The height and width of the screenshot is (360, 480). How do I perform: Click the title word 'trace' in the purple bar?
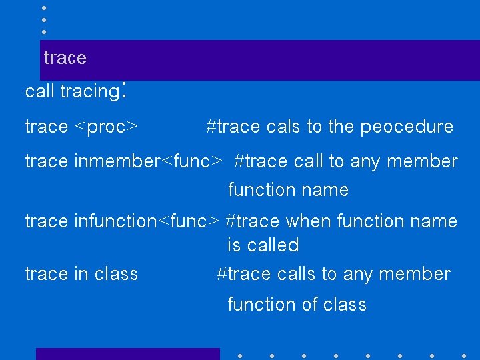point(65,58)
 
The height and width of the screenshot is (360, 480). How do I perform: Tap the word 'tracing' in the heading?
point(89,92)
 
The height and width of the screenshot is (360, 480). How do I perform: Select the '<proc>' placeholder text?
point(106,127)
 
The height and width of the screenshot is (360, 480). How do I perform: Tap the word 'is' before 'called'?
point(234,245)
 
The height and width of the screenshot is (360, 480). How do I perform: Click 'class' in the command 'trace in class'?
point(116,274)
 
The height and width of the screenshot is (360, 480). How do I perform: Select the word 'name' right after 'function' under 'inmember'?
point(325,190)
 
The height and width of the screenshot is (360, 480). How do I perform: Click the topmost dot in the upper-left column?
point(43,8)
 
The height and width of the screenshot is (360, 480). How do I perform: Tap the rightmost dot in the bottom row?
point(464,355)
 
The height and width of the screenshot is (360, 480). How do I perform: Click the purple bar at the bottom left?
point(127,354)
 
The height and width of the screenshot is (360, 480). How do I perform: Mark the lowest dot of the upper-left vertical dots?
point(43,31)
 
